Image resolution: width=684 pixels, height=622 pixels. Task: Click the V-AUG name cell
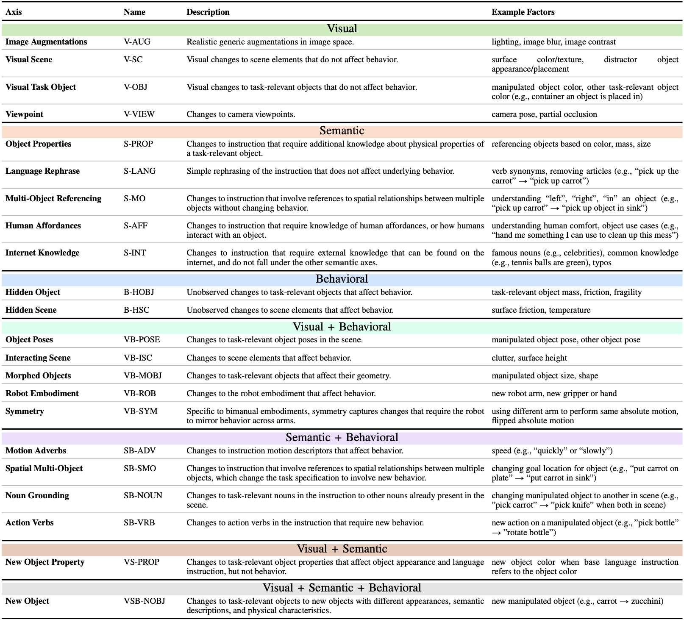137,42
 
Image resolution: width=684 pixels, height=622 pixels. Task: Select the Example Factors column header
523,12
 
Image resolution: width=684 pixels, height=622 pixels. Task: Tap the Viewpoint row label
25,114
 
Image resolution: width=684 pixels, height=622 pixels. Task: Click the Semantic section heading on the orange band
342,131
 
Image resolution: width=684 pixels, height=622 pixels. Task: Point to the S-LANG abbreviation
139,171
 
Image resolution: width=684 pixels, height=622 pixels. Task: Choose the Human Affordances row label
43,226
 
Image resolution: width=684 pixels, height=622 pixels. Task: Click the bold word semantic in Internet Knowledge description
341,263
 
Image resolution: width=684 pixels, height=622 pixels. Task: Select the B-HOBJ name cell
139,292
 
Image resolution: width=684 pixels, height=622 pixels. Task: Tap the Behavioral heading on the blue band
342,279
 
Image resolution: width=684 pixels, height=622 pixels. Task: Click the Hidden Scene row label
31,310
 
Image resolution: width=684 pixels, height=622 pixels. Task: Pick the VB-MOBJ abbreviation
142,376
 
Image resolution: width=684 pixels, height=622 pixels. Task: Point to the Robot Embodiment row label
42,394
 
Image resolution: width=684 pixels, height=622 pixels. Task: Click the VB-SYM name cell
140,411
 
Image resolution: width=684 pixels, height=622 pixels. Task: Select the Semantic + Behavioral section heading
342,438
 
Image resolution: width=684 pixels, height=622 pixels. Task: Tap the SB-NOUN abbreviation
143,496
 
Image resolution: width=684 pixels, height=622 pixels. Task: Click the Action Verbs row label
30,523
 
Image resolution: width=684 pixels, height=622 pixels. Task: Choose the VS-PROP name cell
142,562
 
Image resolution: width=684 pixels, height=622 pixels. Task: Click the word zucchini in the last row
647,601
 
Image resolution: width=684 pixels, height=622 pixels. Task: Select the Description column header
208,12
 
